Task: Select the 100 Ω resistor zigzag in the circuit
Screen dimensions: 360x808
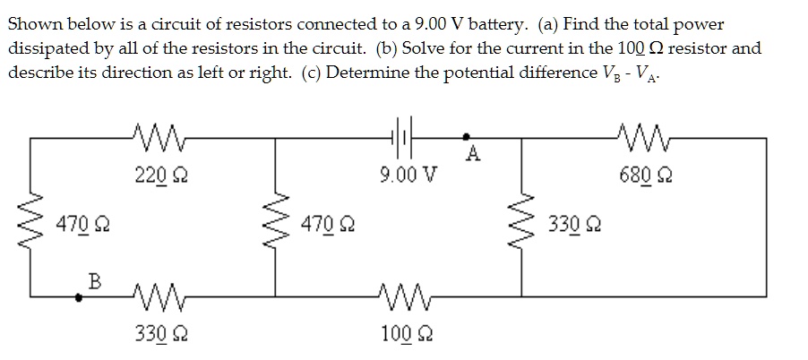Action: click(x=397, y=293)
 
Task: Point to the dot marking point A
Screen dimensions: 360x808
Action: click(x=467, y=137)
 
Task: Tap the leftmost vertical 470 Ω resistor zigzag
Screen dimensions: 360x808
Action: click(x=34, y=219)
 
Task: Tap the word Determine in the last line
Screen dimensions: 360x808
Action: click(x=365, y=71)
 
